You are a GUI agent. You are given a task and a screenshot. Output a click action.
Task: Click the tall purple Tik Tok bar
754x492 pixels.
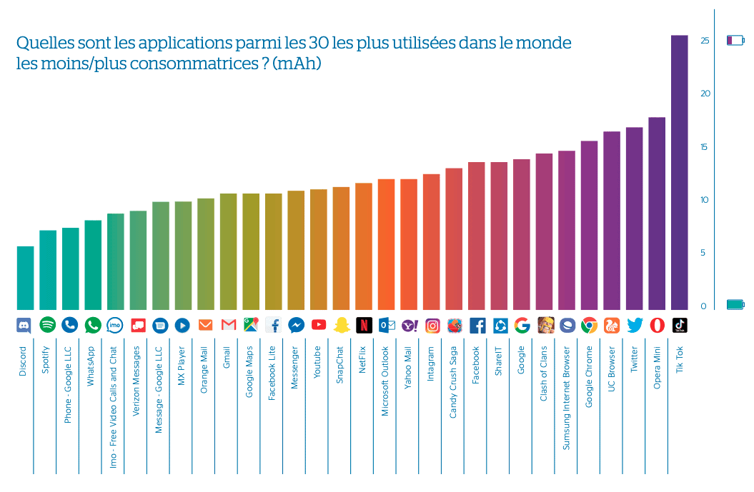(680, 171)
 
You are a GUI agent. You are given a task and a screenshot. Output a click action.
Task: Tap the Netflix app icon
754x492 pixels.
(364, 325)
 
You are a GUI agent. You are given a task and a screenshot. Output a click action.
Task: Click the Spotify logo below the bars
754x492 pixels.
(48, 325)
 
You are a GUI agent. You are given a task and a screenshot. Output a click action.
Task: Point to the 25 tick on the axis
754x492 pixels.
(705, 41)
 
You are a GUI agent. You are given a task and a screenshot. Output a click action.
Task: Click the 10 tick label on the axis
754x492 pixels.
(705, 200)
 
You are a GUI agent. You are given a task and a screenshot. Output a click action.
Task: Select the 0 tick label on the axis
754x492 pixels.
(703, 306)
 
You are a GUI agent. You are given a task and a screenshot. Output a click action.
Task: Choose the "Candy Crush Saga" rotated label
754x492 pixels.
(454, 383)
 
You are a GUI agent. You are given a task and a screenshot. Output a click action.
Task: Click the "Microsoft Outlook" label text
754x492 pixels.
(385, 381)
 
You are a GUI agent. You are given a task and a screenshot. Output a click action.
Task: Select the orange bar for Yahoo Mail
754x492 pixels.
(409, 244)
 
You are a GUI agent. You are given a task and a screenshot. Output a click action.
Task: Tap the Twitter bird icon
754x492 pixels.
(635, 325)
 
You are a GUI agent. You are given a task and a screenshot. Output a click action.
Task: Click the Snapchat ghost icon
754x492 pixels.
(342, 325)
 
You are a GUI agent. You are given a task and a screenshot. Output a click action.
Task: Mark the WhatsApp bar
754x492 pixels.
(93, 264)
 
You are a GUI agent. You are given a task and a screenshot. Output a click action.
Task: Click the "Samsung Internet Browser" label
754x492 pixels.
(567, 398)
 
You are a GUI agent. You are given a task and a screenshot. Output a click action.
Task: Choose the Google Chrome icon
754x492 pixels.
(589, 325)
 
